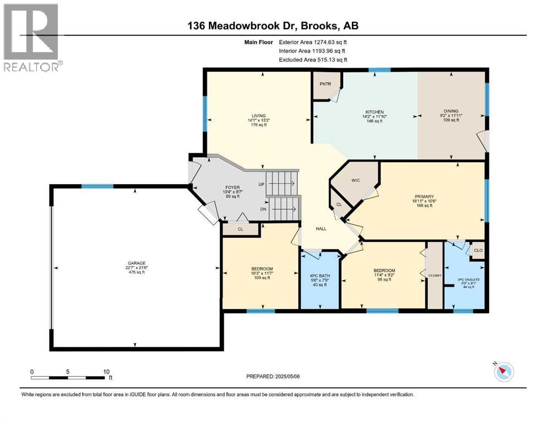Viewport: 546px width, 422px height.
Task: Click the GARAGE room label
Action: point(134,263)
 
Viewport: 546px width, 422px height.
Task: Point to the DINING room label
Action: point(451,111)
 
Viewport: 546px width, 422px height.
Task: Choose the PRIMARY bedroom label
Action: point(425,196)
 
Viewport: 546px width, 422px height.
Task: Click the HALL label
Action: point(323,228)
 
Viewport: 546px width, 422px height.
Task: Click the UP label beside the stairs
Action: point(261,185)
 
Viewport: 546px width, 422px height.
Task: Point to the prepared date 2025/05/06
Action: point(273,376)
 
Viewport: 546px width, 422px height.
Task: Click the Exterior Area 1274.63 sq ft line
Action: point(313,42)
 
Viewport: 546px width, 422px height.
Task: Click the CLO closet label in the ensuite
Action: point(477,249)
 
